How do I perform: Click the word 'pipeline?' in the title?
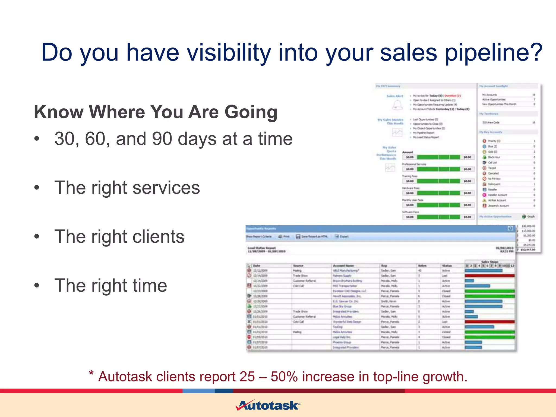pyautogui.click(x=494, y=53)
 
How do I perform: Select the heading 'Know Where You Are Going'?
pyautogui.click(x=156, y=112)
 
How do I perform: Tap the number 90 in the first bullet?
pyautogui.click(x=162, y=139)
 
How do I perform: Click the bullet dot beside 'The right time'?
pyautogui.click(x=37, y=286)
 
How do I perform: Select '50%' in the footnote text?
pyautogui.click(x=284, y=377)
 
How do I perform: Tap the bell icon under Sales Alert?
pyautogui.click(x=397, y=105)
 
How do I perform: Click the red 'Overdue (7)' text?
pyautogui.click(x=452, y=96)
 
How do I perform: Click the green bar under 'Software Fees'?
pyautogui.click(x=438, y=217)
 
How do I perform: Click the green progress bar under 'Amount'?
pyautogui.click(x=438, y=157)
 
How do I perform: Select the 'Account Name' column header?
pyautogui.click(x=343, y=266)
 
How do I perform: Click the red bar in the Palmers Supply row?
pyautogui.click(x=489, y=276)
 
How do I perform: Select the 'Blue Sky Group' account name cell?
pyautogui.click(x=342, y=306)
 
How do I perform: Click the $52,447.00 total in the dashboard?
pyautogui.click(x=527, y=249)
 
